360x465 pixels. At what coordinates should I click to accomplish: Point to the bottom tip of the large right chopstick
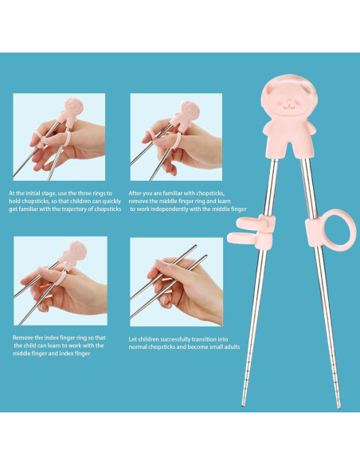tap(337, 406)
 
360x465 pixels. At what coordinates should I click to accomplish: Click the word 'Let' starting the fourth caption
tap(133, 338)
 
